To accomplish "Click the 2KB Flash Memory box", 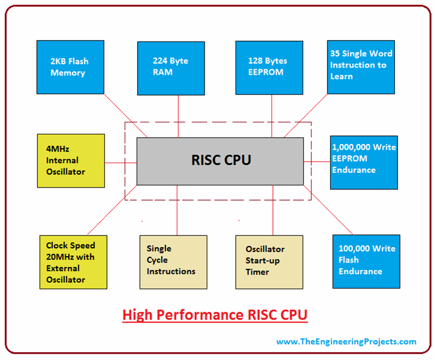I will point(70,67).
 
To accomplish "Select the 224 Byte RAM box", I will point(170,67).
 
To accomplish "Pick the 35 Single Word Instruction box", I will point(361,67).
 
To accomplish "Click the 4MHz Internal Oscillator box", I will point(71,160).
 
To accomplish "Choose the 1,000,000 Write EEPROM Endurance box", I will point(364,162).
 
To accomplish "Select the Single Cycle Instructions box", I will point(170,262).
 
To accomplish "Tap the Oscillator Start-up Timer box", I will point(268,262).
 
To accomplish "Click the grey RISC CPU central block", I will point(220,160).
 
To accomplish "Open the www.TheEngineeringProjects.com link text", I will point(346,342).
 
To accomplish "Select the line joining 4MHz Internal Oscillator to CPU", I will point(121,163).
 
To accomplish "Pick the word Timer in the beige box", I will point(258,272).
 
